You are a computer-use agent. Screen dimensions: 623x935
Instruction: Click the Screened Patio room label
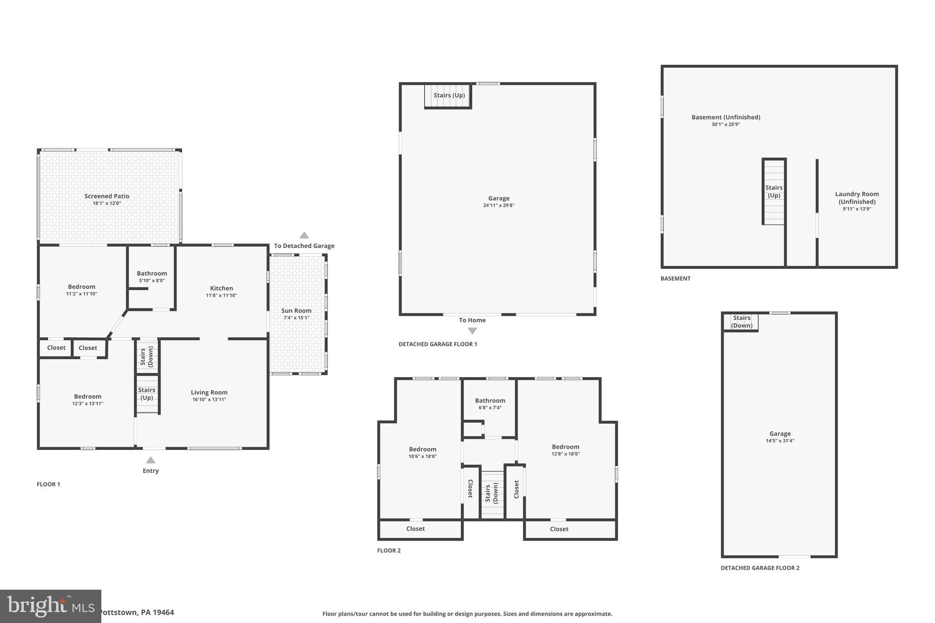(x=107, y=196)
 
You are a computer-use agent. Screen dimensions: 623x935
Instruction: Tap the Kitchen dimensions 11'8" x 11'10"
(x=221, y=295)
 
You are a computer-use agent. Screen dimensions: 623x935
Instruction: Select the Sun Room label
(x=296, y=311)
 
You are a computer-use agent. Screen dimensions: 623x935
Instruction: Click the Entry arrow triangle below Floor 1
(x=151, y=460)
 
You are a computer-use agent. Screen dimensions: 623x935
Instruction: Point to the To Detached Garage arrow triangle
(x=304, y=236)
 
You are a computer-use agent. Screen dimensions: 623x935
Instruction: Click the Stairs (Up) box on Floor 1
(x=147, y=393)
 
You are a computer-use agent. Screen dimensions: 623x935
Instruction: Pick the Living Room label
(x=209, y=393)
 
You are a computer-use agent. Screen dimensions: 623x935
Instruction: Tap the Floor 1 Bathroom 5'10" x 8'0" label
(x=152, y=277)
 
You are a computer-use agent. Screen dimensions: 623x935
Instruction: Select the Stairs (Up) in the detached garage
(x=448, y=95)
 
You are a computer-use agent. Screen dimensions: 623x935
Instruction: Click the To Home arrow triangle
(x=473, y=331)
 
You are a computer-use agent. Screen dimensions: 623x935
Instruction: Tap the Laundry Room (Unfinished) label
(x=857, y=198)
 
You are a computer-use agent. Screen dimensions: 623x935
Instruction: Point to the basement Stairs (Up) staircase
(x=774, y=192)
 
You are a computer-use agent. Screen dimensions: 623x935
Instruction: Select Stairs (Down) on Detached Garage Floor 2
(x=741, y=321)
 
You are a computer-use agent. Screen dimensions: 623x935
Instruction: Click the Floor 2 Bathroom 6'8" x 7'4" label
(x=490, y=403)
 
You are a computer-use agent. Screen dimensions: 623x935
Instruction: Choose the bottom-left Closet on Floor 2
(x=415, y=529)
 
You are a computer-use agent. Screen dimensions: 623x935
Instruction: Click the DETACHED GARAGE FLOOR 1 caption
(x=437, y=344)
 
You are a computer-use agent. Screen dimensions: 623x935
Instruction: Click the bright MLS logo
(x=50, y=606)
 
